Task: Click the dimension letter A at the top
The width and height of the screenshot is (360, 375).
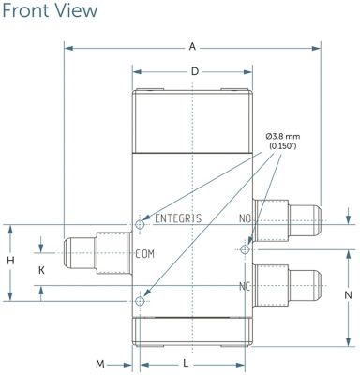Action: point(192,47)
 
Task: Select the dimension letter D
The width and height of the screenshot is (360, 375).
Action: point(195,71)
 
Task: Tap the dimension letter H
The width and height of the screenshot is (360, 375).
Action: point(10,261)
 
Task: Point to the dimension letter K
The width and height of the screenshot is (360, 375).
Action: point(41,270)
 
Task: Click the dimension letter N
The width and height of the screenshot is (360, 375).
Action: point(348,294)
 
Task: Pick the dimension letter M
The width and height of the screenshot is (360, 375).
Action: point(100,364)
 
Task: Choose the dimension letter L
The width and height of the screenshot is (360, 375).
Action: point(186,364)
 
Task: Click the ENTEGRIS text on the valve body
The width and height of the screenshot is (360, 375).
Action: point(178,218)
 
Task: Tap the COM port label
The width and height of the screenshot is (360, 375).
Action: point(145,254)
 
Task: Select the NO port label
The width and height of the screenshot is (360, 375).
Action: point(245,218)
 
